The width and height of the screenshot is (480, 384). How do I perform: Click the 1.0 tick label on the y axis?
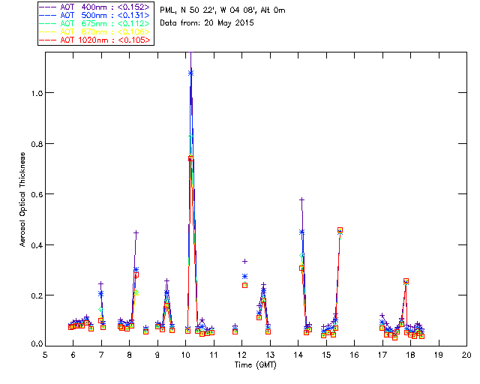[x=35, y=93]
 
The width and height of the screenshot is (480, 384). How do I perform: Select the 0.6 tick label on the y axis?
[x=35, y=194]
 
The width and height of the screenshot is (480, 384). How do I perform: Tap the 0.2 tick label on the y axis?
[x=35, y=295]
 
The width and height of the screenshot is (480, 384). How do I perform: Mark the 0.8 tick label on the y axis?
[x=35, y=143]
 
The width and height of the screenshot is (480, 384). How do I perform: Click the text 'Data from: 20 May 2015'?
[x=208, y=22]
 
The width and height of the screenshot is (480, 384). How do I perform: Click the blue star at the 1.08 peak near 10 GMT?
[x=190, y=73]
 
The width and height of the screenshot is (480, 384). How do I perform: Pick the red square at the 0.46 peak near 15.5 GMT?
[x=340, y=230]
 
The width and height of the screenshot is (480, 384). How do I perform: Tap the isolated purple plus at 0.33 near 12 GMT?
[x=244, y=262]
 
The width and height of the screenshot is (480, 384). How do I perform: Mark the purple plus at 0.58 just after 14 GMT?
[x=301, y=199]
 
